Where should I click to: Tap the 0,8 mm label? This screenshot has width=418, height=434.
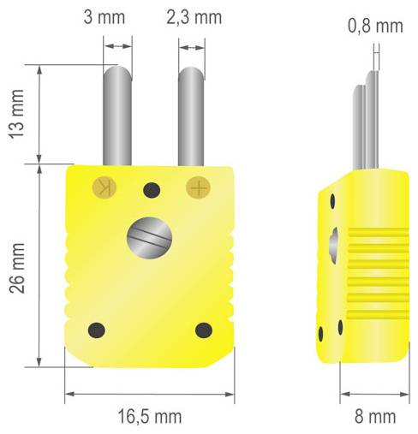tap(375, 26)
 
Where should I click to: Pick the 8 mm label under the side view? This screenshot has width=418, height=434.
tap(374, 416)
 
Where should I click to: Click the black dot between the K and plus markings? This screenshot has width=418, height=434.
tap(152, 189)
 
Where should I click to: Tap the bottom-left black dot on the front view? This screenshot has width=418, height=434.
tap(97, 329)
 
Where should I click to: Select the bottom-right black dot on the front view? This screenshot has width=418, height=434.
tap(203, 330)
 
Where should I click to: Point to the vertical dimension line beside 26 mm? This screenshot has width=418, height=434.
tap(40, 265)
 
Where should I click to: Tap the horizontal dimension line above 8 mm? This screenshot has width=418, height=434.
tap(374, 395)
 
